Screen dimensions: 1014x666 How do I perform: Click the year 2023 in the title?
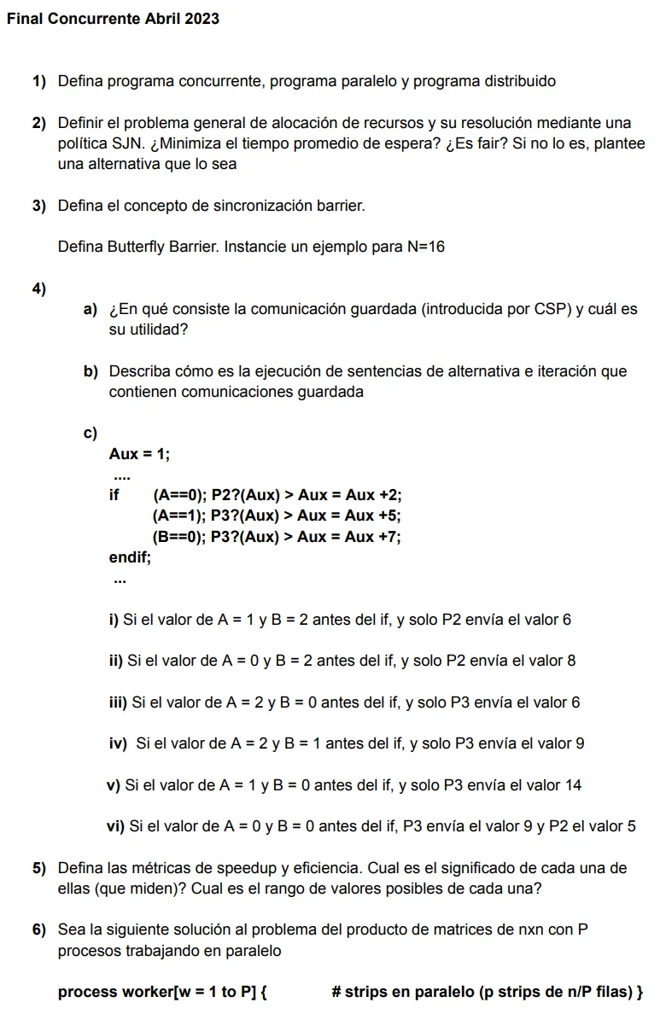(201, 19)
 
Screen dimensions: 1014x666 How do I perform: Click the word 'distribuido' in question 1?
(515, 82)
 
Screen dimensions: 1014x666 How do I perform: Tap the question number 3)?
(38, 206)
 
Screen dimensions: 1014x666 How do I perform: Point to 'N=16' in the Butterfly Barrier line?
(425, 248)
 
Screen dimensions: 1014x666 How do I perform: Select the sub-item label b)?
(91, 372)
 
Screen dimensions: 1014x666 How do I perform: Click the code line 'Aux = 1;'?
(139, 455)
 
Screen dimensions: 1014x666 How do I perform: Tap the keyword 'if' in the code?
(114, 495)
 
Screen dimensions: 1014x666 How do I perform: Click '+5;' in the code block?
(388, 516)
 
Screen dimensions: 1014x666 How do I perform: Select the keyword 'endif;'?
(130, 558)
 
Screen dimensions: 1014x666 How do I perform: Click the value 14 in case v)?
(573, 785)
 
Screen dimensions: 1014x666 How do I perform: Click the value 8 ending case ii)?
(571, 661)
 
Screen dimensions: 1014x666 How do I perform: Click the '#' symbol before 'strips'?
(336, 993)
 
